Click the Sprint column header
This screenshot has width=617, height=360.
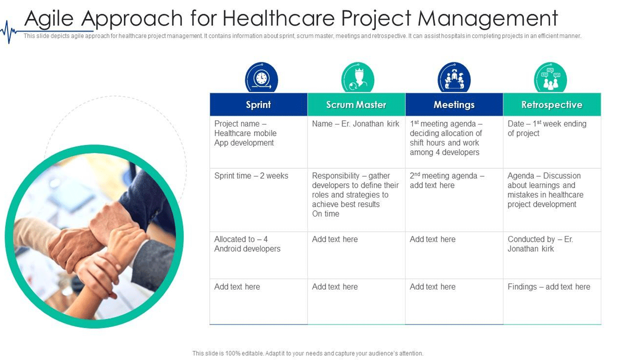(x=258, y=104)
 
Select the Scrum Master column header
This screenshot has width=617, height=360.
(x=356, y=104)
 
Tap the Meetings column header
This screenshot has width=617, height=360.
(x=454, y=104)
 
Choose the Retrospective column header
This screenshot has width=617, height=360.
(x=552, y=104)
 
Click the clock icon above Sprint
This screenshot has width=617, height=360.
(x=262, y=78)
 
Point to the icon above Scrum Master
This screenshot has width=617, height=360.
(x=358, y=78)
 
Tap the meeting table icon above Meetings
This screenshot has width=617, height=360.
(x=454, y=78)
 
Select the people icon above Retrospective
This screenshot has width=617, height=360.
(x=550, y=78)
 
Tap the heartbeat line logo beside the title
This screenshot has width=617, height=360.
(x=9, y=32)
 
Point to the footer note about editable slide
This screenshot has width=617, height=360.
(x=307, y=353)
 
